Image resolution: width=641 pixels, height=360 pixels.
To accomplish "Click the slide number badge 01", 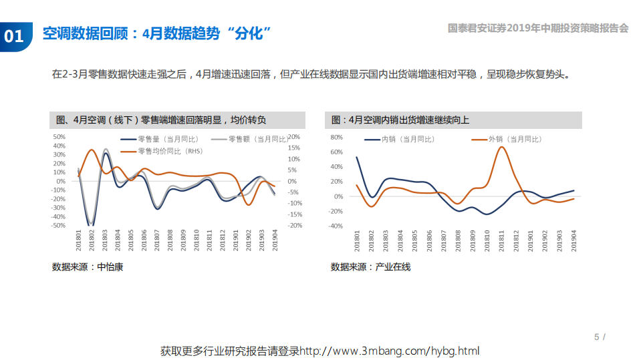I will tap(14, 35).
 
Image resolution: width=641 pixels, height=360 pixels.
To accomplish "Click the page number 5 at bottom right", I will tap(597, 337).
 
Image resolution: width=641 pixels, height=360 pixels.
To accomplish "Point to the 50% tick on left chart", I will tap(59, 137).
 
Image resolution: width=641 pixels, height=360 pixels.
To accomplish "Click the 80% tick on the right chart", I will tap(337, 137).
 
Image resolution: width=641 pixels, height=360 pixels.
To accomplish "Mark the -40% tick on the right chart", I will tap(336, 226).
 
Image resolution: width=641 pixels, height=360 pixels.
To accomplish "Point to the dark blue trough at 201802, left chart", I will tap(92, 224).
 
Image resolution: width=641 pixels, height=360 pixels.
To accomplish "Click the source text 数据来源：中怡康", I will tap(88, 267).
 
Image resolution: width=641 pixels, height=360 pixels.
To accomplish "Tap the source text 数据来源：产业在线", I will tap(370, 267).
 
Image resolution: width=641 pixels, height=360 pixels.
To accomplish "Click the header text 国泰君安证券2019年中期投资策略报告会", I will tap(538, 28).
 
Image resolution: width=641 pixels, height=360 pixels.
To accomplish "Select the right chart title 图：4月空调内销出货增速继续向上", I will tap(400, 120).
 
